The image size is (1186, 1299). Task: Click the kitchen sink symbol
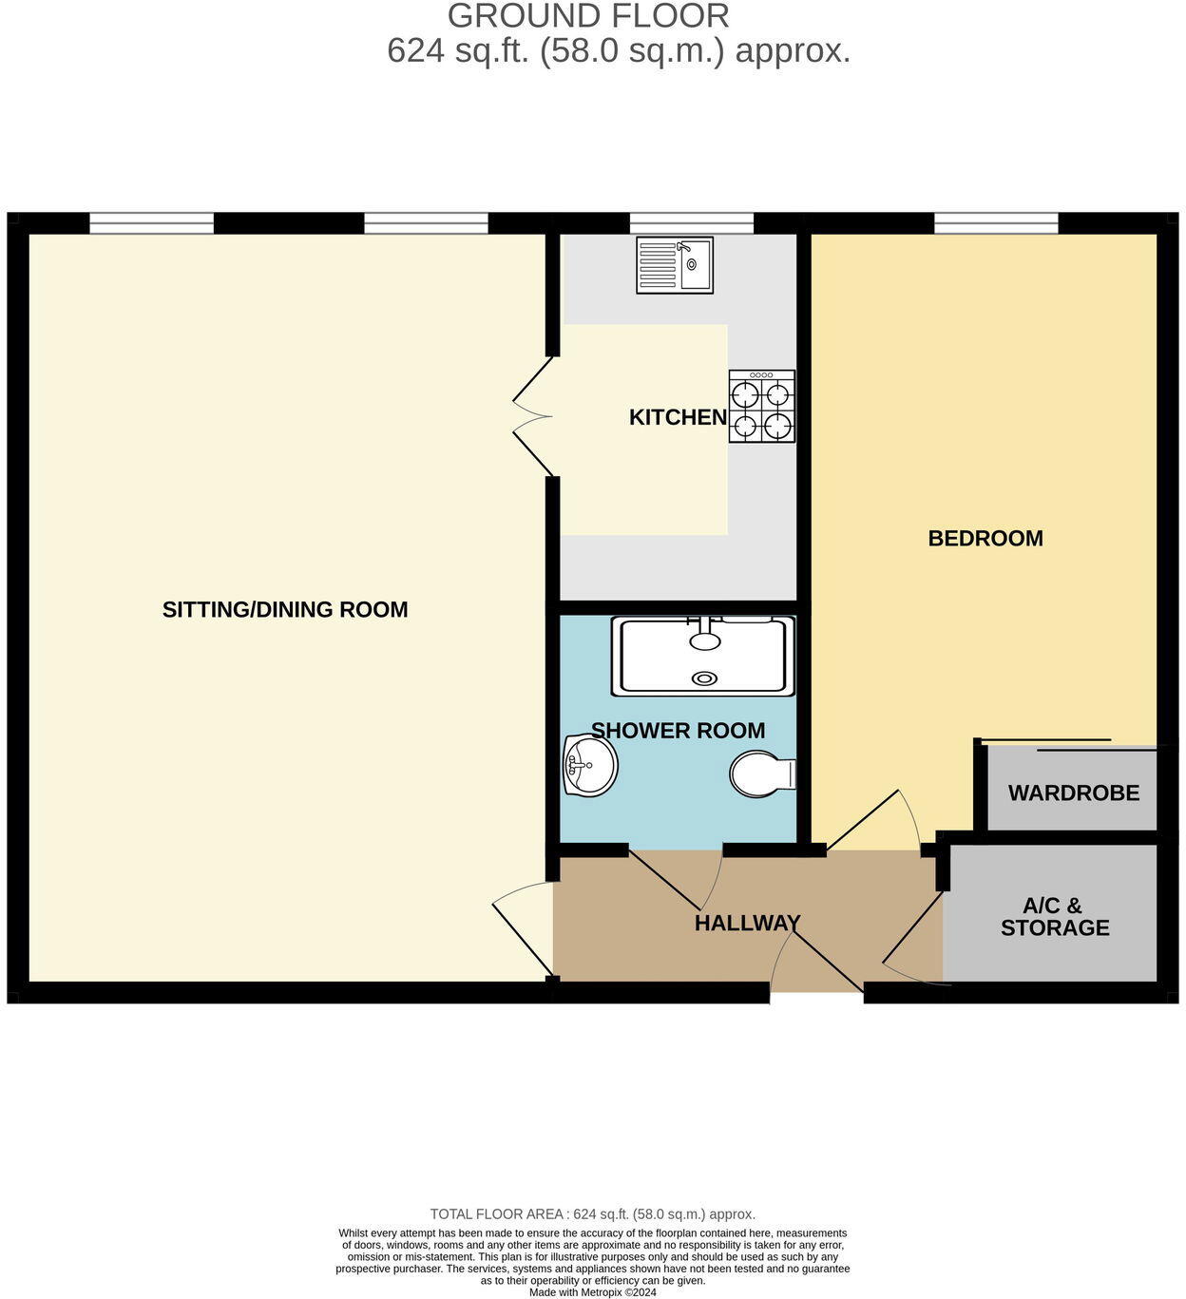coord(675,265)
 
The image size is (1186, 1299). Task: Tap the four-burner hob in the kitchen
coord(762,407)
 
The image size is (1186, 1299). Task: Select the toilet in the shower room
coord(762,774)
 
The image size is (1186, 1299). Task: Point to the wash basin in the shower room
coord(589,765)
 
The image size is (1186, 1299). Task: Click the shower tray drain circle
coord(705,678)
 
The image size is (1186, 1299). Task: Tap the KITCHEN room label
coord(678,417)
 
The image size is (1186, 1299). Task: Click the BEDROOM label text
coord(985,539)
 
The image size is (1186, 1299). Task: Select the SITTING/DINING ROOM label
coord(285,610)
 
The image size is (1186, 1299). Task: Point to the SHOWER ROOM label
coord(678,731)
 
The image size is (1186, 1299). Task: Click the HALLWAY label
coord(747,923)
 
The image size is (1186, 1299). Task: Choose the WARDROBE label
coord(1073,793)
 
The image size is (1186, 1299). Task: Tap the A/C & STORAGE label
coord(1054,917)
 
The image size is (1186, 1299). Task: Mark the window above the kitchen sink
coord(691,223)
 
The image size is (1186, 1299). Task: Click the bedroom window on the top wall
coord(996,223)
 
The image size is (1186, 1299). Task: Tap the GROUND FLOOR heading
coord(588,16)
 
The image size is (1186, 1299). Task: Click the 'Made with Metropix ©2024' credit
coord(592,1292)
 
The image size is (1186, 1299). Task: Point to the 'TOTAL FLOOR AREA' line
coord(592,1214)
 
